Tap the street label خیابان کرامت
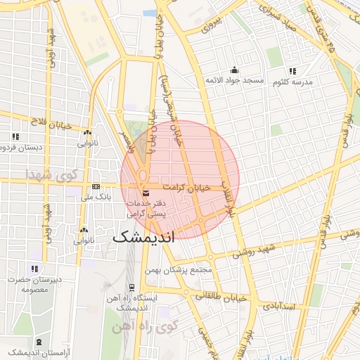(187, 188)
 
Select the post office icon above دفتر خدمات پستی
(146, 193)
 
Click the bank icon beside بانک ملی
(96, 186)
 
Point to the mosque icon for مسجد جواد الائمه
(234, 70)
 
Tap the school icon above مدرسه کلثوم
(292, 71)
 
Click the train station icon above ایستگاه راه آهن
(131, 287)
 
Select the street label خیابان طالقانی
(224, 298)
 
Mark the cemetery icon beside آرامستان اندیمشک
(39, 342)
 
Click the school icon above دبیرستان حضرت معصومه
(34, 269)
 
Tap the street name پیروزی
(212, 26)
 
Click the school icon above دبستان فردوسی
(15, 136)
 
